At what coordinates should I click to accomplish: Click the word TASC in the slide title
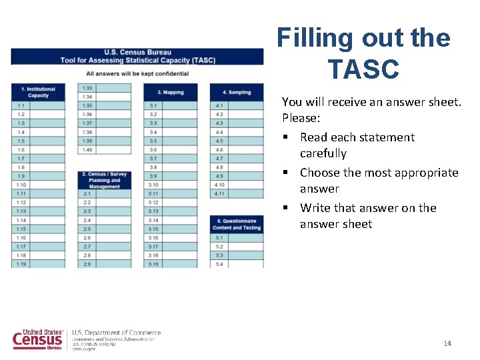pyautogui.click(x=363, y=69)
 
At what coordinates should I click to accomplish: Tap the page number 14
pyautogui.click(x=447, y=343)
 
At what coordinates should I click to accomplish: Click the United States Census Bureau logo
pyautogui.click(x=39, y=339)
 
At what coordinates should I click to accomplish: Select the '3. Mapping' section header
pyautogui.click(x=170, y=92)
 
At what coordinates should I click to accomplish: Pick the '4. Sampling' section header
pyautogui.click(x=237, y=92)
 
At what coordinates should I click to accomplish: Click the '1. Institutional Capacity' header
pyautogui.click(x=38, y=92)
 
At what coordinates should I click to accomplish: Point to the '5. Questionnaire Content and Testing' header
pyautogui.click(x=237, y=224)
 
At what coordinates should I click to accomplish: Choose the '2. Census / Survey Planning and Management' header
pyautogui.click(x=104, y=180)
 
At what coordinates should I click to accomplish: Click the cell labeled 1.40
pyautogui.click(x=87, y=149)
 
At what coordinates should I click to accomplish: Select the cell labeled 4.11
pyautogui.click(x=219, y=193)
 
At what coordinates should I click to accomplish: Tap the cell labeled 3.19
pyautogui.click(x=153, y=264)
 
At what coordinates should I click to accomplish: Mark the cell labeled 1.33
pyautogui.click(x=87, y=88)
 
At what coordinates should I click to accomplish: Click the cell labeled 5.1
pyautogui.click(x=219, y=237)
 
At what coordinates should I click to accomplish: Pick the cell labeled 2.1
pyautogui.click(x=87, y=193)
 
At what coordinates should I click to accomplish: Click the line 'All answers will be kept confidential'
pyautogui.click(x=137, y=73)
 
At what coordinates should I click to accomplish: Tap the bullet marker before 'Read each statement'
pyautogui.click(x=285, y=137)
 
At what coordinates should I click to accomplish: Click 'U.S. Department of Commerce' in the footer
pyautogui.click(x=117, y=333)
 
